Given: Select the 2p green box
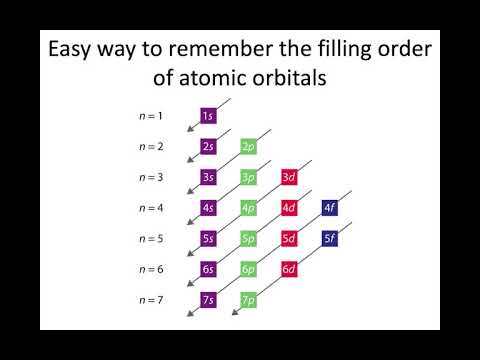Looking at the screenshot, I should coord(249,147).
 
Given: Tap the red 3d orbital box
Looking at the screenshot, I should coord(289,178).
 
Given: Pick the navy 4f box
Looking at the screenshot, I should coord(330,208).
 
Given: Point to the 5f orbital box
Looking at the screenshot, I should coord(330,239).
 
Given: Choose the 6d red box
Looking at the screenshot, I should coord(289,269).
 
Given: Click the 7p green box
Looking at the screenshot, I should coord(249,300).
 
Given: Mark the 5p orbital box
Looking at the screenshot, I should coord(249,239).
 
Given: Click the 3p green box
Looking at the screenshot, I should coord(249,178).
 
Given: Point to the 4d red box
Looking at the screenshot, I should coord(289,208).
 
